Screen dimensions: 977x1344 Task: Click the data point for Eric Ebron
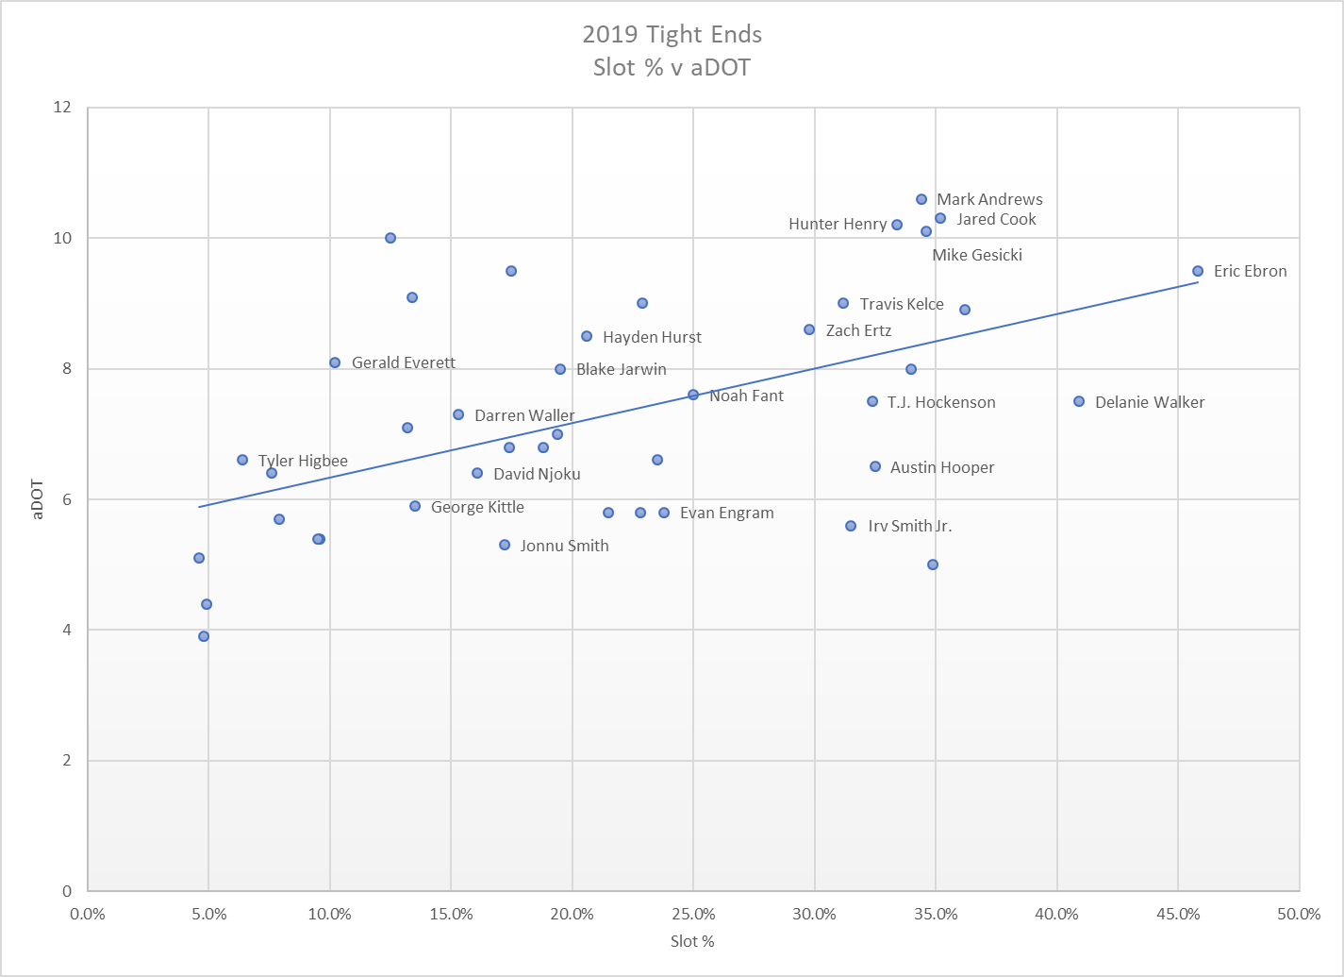(x=1198, y=271)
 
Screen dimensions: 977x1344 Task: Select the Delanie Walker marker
(x=1079, y=401)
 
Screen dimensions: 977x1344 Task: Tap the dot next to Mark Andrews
(x=921, y=199)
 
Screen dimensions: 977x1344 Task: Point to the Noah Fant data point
(x=693, y=395)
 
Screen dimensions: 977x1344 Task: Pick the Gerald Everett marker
(x=335, y=362)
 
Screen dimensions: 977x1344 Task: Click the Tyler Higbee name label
(x=303, y=461)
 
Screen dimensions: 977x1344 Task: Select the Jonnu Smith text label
(x=564, y=546)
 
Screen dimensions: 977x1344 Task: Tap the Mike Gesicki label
(x=977, y=255)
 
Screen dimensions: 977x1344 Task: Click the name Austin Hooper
(x=942, y=467)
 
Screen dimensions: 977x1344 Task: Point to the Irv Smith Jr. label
(x=910, y=526)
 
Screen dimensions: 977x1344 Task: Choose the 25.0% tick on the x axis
(x=693, y=914)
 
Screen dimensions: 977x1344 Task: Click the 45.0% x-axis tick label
(x=1178, y=914)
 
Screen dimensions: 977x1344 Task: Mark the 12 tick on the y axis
(x=63, y=108)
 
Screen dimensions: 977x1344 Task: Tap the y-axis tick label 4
(x=67, y=630)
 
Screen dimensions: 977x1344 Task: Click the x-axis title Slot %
(x=692, y=941)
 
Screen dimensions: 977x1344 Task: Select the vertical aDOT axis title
(x=39, y=499)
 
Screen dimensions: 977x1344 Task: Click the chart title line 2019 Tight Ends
(x=672, y=35)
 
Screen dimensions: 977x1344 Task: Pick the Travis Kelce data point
(x=843, y=303)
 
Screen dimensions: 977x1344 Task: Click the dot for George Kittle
(x=415, y=506)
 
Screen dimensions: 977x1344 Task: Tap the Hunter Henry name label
(x=838, y=225)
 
